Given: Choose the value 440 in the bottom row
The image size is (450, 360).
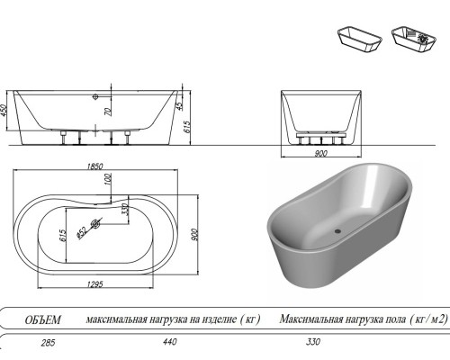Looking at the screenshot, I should click(x=168, y=343).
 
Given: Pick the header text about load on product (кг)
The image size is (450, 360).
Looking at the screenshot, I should click(x=173, y=319).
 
